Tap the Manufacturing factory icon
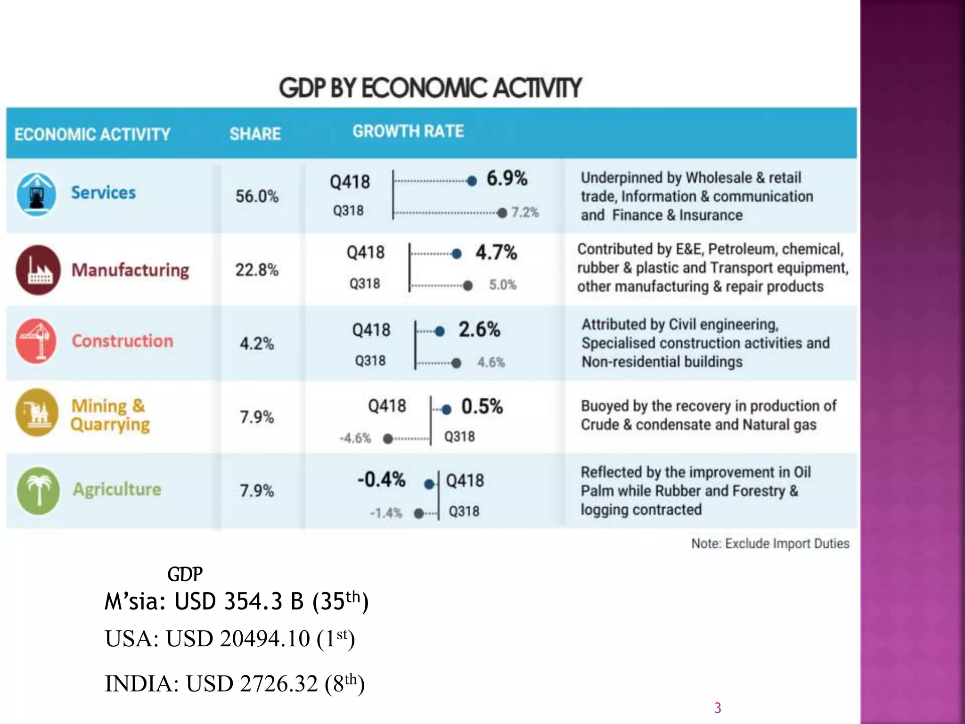coord(38,270)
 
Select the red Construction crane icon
coord(36,341)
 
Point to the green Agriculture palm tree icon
coord(38,490)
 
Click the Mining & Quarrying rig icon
coord(37,412)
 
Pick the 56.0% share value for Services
coord(257,196)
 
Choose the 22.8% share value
coord(257,270)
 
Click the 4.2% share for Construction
coord(257,343)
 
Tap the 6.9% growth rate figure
coord(507,179)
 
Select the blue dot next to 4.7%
coord(456,254)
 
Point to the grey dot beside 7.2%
coord(502,213)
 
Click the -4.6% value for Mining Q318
coord(355,438)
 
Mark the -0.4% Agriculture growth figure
coord(381,479)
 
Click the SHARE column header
coord(255,134)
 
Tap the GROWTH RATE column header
coord(408,131)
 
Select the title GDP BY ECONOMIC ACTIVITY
coord(430,88)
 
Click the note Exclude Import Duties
coord(770,543)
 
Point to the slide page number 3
coord(718,708)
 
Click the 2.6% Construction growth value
coord(479,329)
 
